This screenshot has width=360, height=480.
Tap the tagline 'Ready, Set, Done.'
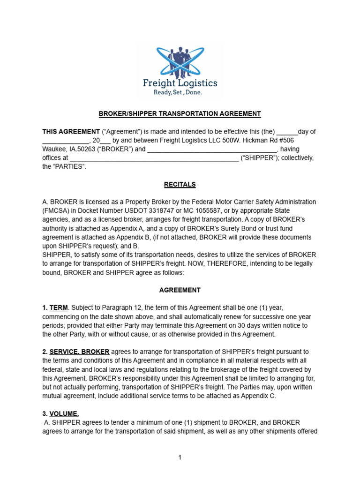click(178, 92)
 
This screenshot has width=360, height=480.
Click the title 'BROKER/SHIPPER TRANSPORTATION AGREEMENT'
click(180, 114)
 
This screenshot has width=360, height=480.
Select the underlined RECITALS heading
click(180, 184)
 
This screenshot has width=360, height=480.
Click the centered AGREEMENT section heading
click(180, 290)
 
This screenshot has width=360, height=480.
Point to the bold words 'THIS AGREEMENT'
click(71, 132)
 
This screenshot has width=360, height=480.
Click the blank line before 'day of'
click(287, 132)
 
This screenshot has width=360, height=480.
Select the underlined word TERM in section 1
click(59, 307)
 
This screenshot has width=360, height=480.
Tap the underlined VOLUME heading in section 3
click(64, 413)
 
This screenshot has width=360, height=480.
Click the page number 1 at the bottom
click(180, 457)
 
